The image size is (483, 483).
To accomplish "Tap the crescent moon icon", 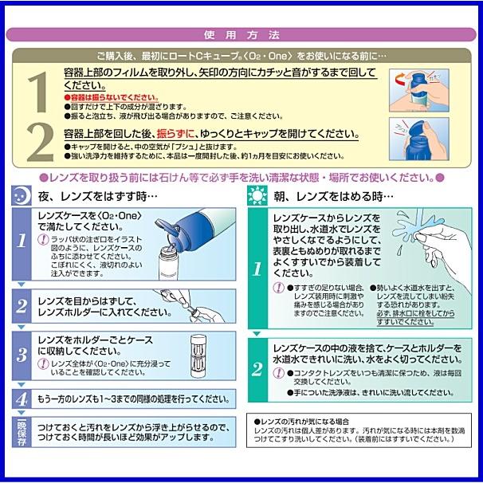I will click(x=23, y=194).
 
